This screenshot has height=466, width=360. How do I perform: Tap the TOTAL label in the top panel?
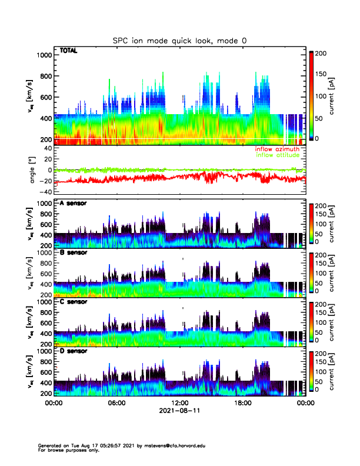pos(69,51)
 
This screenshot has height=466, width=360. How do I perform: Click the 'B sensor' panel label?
pos(74,252)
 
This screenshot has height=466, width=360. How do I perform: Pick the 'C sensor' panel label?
pos(74,301)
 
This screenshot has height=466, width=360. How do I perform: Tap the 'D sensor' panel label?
pos(74,351)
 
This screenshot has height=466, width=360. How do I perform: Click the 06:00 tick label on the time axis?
pos(116,404)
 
